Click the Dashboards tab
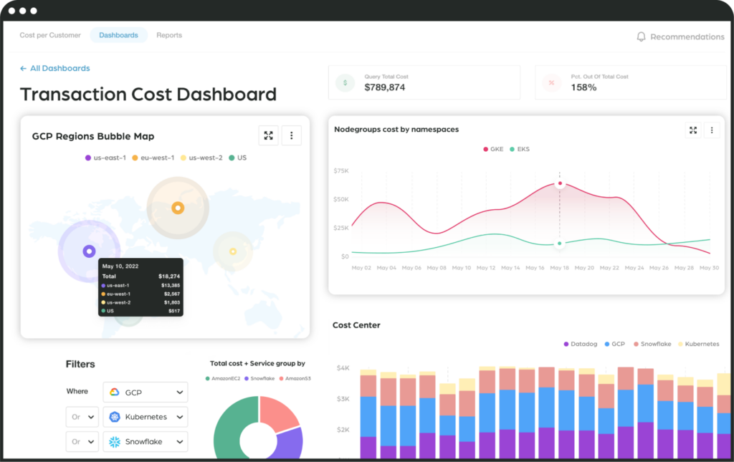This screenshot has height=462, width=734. pos(118,35)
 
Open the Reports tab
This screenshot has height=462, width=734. pos(169,35)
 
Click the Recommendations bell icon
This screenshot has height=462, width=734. pos(641,37)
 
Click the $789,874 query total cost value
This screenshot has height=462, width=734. pos(385,87)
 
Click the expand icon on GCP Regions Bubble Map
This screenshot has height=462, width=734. pos(268,135)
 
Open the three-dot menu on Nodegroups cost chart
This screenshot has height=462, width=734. pos(711,130)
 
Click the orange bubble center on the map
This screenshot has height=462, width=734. pos(177,208)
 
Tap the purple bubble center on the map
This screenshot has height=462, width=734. pos(89,251)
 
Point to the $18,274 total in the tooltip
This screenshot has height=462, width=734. pos(168,276)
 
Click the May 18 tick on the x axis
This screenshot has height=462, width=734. pos(560,268)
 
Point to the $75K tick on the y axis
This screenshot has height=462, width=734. pos(341,171)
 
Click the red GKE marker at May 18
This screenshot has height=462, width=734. pos(560,184)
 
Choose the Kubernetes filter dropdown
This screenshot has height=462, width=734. pos(145,417)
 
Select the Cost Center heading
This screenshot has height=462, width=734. pos(356,325)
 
